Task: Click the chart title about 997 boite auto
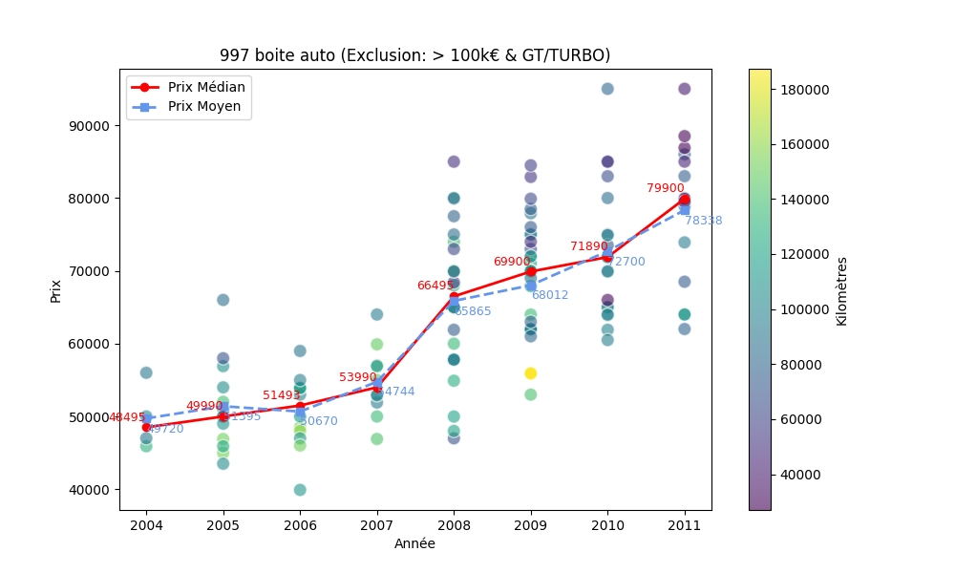point(414,55)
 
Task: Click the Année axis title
point(414,543)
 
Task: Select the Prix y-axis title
point(55,290)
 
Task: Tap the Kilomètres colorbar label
point(841,290)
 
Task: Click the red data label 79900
point(665,188)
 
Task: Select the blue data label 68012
point(549,295)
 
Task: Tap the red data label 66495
point(435,286)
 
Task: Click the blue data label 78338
point(703,221)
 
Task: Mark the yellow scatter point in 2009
point(530,373)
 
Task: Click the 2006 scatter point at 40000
point(300,490)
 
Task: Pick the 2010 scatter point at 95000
point(607,89)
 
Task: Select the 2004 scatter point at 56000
point(146,372)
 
